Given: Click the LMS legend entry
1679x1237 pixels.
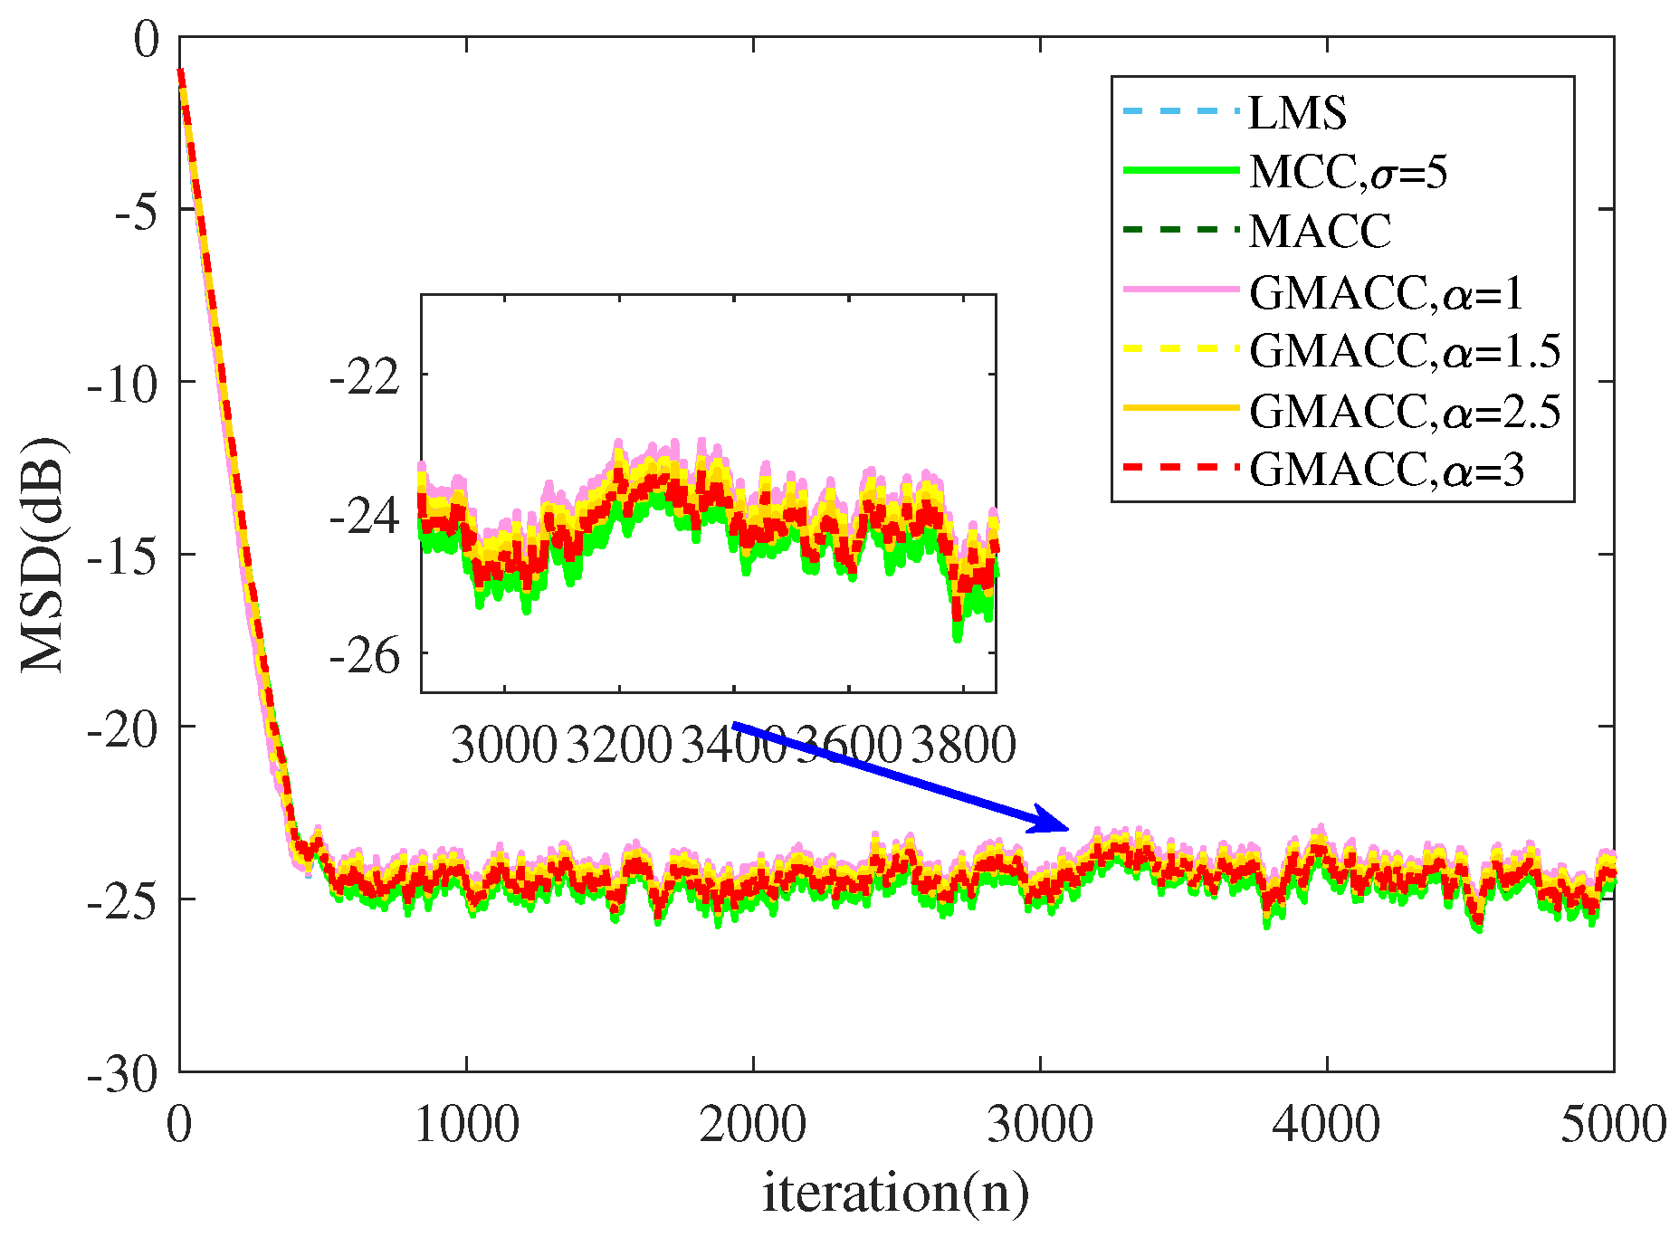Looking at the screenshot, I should (x=1297, y=113).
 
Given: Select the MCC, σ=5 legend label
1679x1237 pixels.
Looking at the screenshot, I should (x=1348, y=172).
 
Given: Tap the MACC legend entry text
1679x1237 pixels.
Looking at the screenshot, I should (x=1320, y=232).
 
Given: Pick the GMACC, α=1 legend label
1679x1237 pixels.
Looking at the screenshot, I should (x=1387, y=292).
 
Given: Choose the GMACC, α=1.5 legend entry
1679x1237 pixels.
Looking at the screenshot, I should (x=1405, y=351).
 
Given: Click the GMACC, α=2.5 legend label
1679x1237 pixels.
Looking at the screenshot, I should (x=1405, y=411).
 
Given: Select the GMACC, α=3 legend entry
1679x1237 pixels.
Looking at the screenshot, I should (x=1387, y=470).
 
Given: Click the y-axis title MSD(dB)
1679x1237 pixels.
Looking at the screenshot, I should (x=43, y=554).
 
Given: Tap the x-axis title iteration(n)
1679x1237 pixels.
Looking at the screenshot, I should (x=895, y=1193).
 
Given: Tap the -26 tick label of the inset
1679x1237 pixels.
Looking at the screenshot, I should (x=365, y=655).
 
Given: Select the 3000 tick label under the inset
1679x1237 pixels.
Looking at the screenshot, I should (x=503, y=746).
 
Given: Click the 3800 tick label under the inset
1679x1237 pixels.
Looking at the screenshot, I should (x=963, y=746).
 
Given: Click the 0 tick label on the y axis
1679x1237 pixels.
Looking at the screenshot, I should (x=146, y=40).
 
